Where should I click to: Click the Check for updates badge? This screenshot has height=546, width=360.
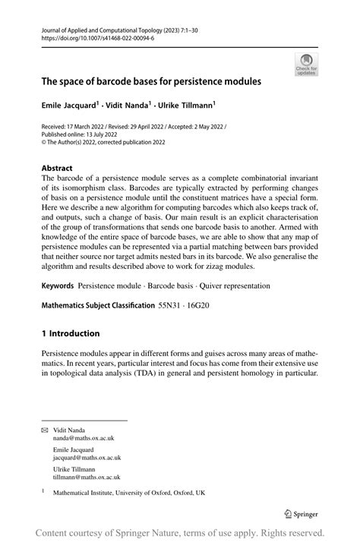(306, 64)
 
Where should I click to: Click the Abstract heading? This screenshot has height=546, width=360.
(58, 168)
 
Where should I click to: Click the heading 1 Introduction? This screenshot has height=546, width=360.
(71, 333)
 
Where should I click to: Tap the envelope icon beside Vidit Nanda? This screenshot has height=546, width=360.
(44, 429)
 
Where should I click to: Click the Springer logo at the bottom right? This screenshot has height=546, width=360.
(299, 513)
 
